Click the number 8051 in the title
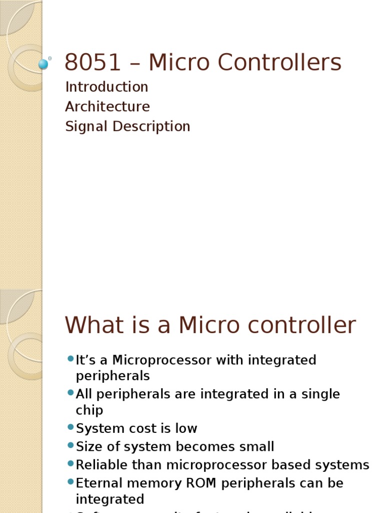coord(93,63)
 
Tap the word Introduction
coord(106,87)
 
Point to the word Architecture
coord(107,107)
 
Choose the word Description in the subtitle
coord(151,126)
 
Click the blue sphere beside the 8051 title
coord(43,64)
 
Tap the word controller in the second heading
coord(301,325)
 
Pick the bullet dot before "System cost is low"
coord(70,427)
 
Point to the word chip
coord(89,411)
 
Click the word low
coord(186,429)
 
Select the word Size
coord(89,447)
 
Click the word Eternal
coord(100,483)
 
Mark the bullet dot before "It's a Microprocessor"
coord(70,359)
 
